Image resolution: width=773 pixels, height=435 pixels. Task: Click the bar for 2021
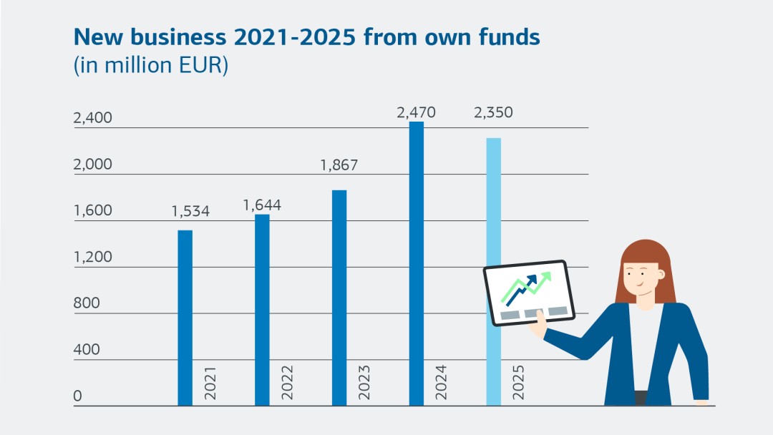coord(185,318)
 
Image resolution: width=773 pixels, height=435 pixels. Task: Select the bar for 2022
coord(262,310)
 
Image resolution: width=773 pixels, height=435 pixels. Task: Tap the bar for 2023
coord(339,298)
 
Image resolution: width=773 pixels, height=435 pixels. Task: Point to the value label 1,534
coord(190,212)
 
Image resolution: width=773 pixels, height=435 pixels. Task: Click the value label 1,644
coord(262,205)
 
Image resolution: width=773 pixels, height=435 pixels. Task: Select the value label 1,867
coord(339,166)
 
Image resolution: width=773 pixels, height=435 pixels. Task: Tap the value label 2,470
coord(416,113)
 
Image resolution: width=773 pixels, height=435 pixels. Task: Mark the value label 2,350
coord(493,113)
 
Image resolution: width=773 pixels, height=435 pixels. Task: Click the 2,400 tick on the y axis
coord(93,118)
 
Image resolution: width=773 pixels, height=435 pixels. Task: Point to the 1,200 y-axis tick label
coord(93,257)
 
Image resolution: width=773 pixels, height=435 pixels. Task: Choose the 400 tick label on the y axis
coord(87,350)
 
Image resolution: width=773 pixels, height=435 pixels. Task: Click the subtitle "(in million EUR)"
coord(150,66)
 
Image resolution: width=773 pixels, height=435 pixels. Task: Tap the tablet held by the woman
coord(525,293)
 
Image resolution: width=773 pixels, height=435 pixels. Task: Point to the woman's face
coord(641,278)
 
